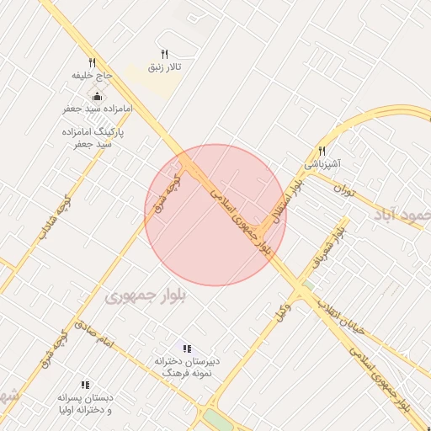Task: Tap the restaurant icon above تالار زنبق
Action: (x=164, y=52)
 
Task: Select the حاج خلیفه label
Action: (x=92, y=76)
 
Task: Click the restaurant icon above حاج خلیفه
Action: (x=92, y=62)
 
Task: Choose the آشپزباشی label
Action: (x=322, y=165)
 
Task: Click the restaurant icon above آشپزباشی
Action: (x=322, y=151)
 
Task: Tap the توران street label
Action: (x=345, y=191)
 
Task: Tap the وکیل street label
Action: (x=283, y=310)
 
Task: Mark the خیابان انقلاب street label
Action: (x=340, y=317)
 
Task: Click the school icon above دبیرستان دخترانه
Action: (x=187, y=348)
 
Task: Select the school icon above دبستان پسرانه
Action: (x=84, y=384)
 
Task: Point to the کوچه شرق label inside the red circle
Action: (x=165, y=195)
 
